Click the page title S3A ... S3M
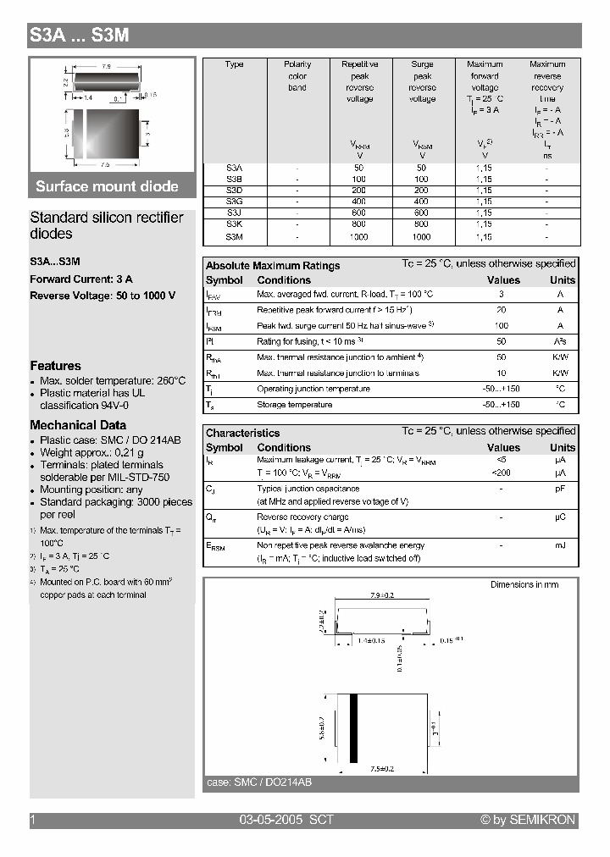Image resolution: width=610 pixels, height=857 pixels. (80, 36)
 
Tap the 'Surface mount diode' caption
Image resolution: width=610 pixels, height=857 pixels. (107, 186)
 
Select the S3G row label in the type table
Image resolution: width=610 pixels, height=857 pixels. (235, 202)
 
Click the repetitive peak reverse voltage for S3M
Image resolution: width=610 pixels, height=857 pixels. (359, 237)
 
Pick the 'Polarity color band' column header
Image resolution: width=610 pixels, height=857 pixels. (297, 75)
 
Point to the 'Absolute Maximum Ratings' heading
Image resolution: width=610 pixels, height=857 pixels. (273, 265)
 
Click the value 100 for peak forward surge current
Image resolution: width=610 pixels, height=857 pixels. (502, 325)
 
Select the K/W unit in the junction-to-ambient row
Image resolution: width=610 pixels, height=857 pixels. (560, 357)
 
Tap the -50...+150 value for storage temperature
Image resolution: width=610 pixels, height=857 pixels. (502, 405)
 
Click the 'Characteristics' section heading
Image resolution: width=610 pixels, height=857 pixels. (242, 433)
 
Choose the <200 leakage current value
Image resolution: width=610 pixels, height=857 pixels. (502, 472)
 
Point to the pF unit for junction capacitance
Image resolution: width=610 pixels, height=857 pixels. (560, 489)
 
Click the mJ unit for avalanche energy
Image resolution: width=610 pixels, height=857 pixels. (560, 545)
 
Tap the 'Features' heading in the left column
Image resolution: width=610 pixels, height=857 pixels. (56, 366)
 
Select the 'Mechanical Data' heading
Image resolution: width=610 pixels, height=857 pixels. (78, 425)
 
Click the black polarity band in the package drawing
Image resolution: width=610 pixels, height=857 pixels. (355, 726)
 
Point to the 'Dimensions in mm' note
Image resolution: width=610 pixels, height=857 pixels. (524, 585)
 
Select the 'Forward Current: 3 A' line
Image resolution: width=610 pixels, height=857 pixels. (81, 279)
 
